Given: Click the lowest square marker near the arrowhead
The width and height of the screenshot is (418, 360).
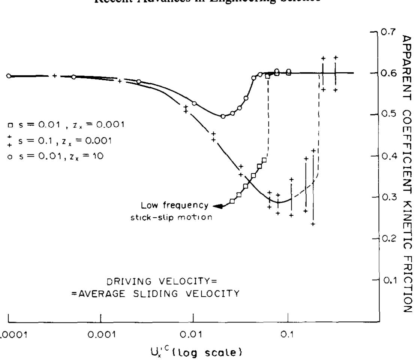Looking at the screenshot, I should point(232,202).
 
